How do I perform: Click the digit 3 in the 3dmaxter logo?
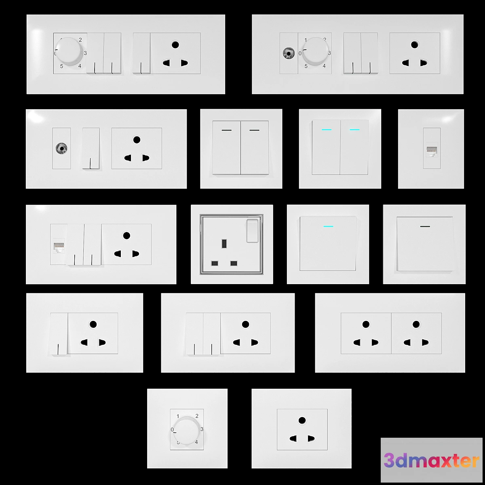pyautogui.click(x=390, y=460)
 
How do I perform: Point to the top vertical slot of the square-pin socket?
pyautogui.click(x=224, y=244)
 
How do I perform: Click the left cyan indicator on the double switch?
pyautogui.click(x=326, y=130)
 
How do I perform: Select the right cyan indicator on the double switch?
pyautogui.click(x=354, y=130)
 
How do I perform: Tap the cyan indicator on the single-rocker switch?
pyautogui.click(x=328, y=226)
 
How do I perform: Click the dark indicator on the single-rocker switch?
pyautogui.click(x=425, y=226)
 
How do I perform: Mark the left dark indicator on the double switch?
pyautogui.click(x=226, y=130)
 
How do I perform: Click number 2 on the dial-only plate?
pyautogui.click(x=197, y=416)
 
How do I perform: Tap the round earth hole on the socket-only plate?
pyautogui.click(x=302, y=420)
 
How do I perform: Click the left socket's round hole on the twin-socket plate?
pyautogui.click(x=366, y=324)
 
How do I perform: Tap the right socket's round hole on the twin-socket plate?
pyautogui.click(x=416, y=324)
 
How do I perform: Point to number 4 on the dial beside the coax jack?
pyautogui.click(x=324, y=66)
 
